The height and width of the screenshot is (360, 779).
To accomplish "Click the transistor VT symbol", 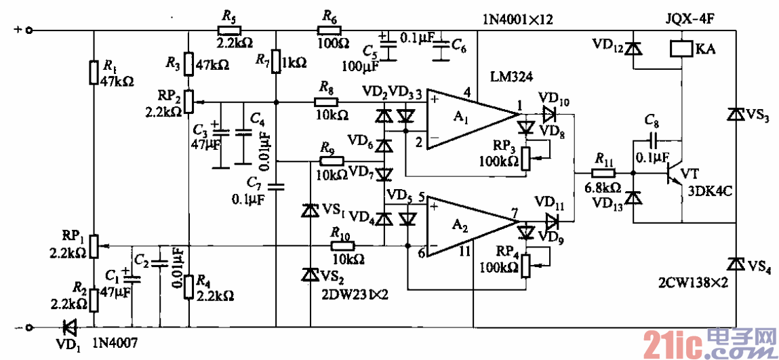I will (x=674, y=173).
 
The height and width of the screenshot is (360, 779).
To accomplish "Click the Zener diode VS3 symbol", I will (x=734, y=115).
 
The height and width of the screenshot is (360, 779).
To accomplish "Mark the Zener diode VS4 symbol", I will (x=734, y=262).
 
